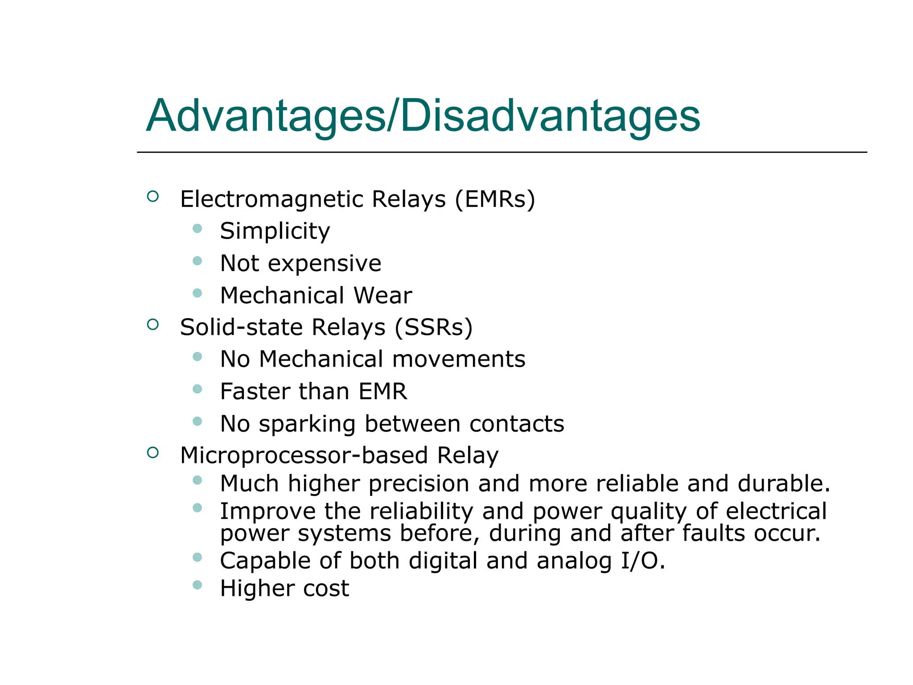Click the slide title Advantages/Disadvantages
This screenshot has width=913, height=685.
[423, 116]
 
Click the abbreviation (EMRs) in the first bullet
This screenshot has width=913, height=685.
[495, 199]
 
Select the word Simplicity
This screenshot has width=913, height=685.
[275, 231]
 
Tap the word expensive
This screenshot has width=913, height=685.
[325, 264]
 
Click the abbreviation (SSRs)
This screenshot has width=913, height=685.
[433, 327]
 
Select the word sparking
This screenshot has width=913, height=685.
[307, 424]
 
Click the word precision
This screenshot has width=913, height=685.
[419, 483]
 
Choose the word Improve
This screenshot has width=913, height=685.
[268, 511]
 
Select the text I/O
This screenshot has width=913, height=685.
[642, 561]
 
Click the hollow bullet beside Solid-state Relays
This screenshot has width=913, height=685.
[153, 325]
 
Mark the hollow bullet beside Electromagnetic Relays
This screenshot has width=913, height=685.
[153, 196]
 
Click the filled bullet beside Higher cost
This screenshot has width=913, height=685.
[197, 585]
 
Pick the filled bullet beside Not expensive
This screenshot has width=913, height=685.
[197, 260]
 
